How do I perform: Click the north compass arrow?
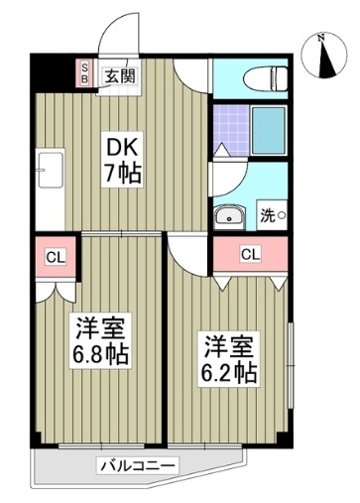pyautogui.click(x=320, y=55)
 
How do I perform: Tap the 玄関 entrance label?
pyautogui.click(x=122, y=72)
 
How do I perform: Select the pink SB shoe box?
pyautogui.click(x=85, y=72)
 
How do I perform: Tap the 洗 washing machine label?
pyautogui.click(x=269, y=214)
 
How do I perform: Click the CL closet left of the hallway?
pyautogui.click(x=55, y=259)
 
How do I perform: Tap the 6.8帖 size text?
pyautogui.click(x=99, y=353)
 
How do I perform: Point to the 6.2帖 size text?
pyautogui.click(x=231, y=374)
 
